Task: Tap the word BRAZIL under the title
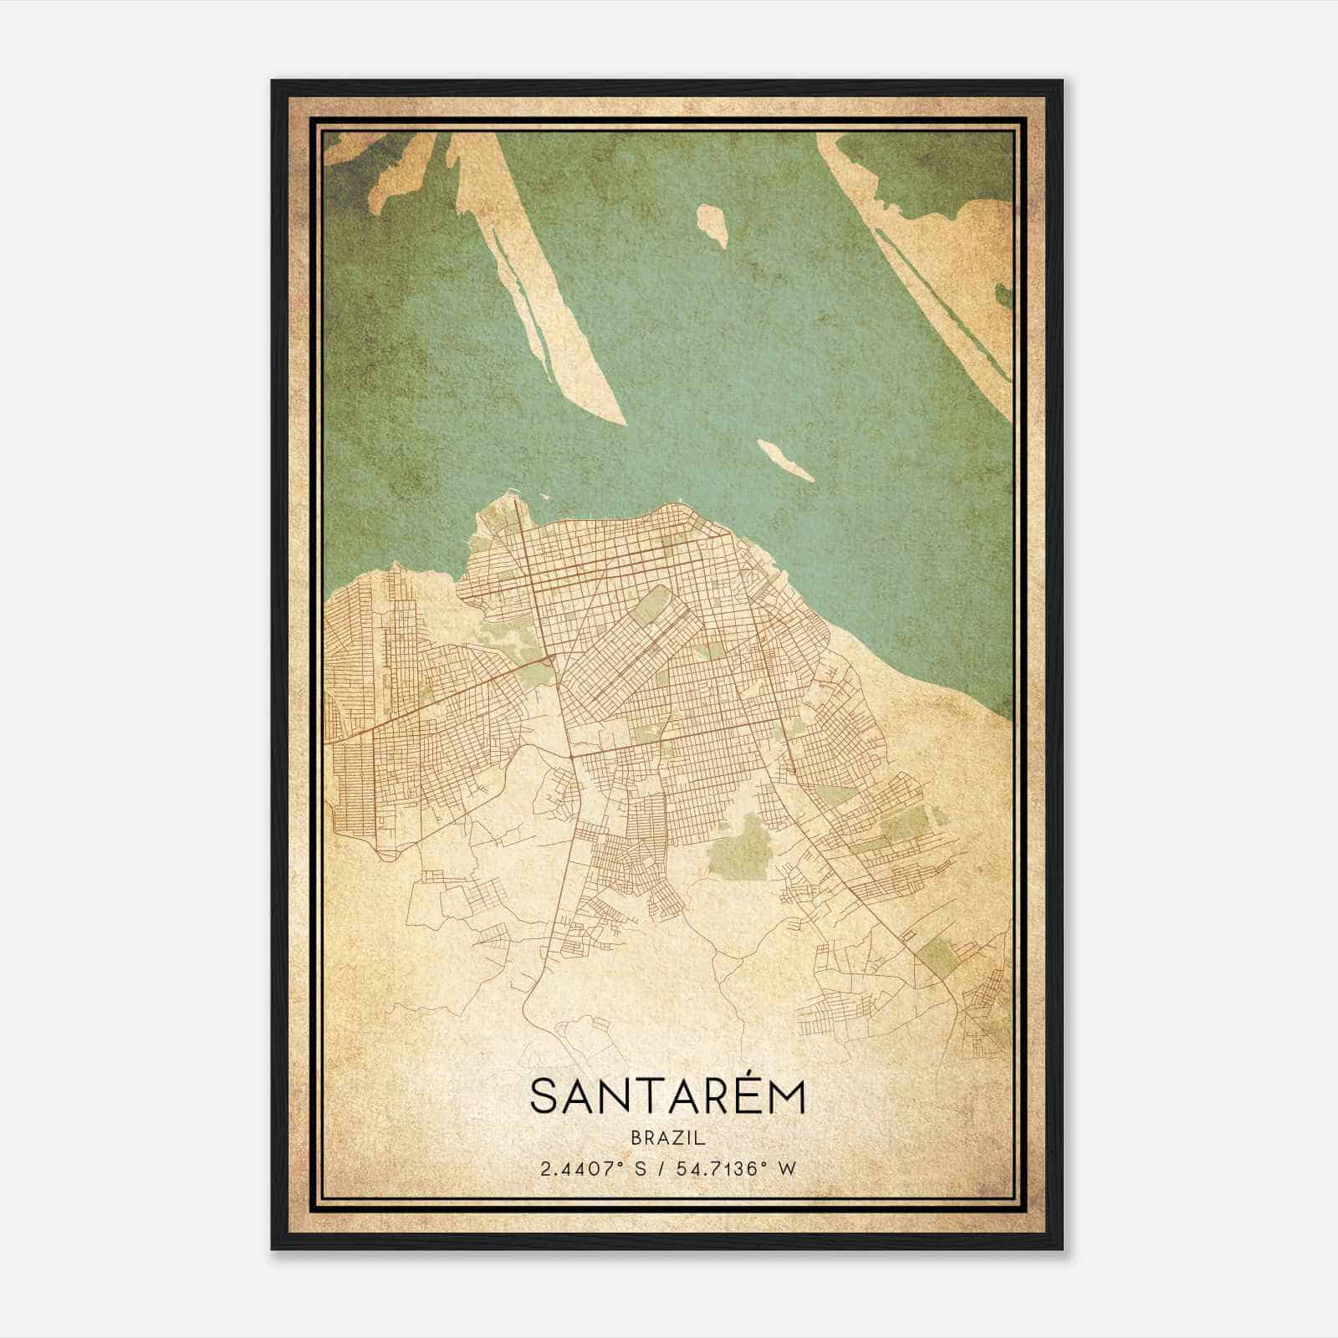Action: click(667, 1138)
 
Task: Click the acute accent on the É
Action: click(743, 1073)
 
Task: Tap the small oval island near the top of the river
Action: click(712, 224)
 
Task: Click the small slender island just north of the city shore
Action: click(784, 460)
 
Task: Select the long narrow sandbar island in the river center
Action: click(535, 276)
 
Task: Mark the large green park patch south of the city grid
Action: click(735, 845)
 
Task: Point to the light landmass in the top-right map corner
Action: click(978, 276)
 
